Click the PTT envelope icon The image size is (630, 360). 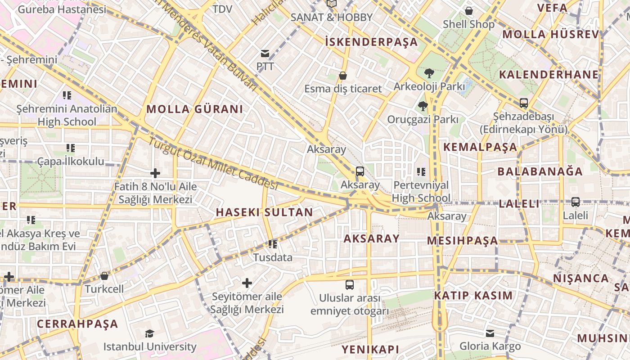point(265,54)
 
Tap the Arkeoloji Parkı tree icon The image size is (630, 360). point(429,73)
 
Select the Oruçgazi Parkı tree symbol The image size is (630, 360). point(423,107)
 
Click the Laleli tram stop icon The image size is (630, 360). point(575,202)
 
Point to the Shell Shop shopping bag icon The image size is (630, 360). point(469,11)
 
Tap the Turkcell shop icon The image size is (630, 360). point(104,276)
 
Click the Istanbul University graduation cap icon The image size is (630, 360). point(149,333)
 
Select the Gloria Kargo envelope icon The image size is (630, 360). point(490,333)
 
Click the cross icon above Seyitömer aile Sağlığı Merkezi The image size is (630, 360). point(247,283)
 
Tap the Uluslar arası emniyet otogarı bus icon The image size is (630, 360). point(350,285)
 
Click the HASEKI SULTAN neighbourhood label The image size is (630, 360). point(264,212)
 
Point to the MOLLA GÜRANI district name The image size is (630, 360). point(194,109)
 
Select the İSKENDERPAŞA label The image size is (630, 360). point(371,42)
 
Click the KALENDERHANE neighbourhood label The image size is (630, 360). point(549,75)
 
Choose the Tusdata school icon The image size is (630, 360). point(273,244)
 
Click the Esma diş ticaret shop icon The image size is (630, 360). point(343,76)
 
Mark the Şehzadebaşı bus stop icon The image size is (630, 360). point(523,103)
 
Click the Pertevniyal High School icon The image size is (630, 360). point(421,171)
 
